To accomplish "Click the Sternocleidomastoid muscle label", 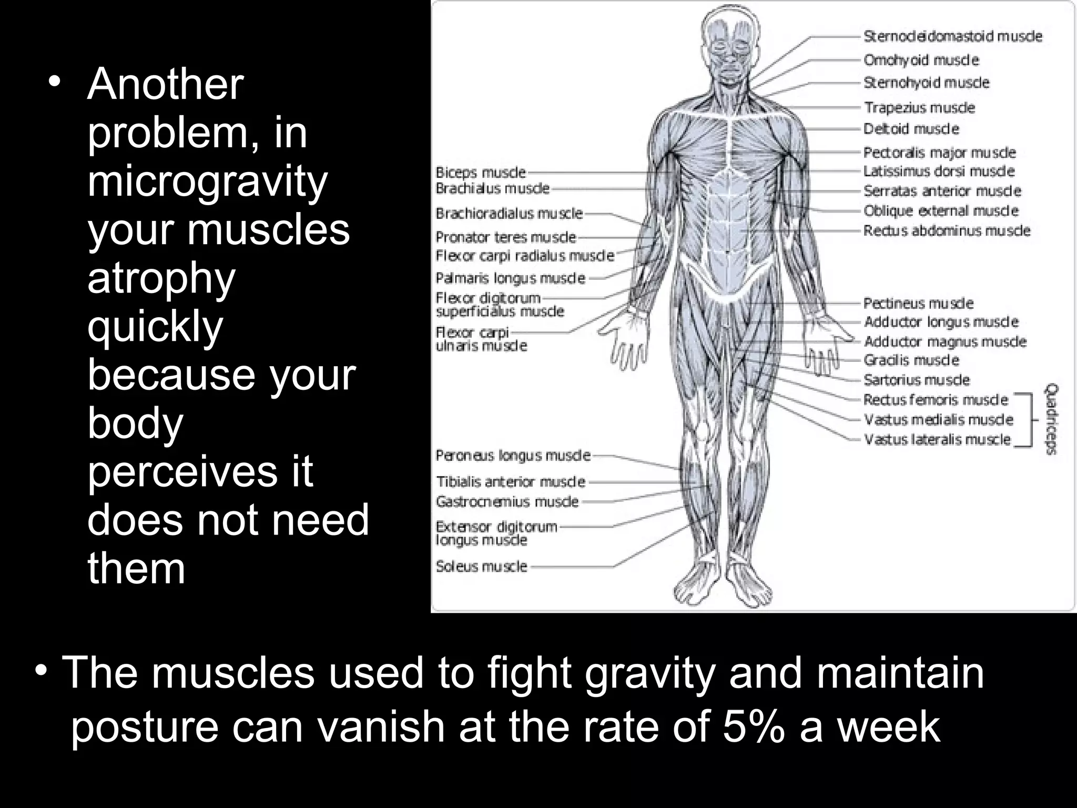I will point(952,36).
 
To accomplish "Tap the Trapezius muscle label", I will point(919,108).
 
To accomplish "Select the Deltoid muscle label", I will point(911,129).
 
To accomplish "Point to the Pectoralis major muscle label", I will point(939,153).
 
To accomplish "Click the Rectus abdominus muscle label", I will point(947,230).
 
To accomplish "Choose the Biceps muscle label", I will point(481,173).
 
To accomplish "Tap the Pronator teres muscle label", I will point(505,237).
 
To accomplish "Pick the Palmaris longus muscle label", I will point(510,278).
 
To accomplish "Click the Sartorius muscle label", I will point(917,380).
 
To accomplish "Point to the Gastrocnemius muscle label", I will point(507,501).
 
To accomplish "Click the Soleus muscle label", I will point(481,566).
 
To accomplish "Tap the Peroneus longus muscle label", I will point(513,455).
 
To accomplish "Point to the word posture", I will point(144,726).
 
